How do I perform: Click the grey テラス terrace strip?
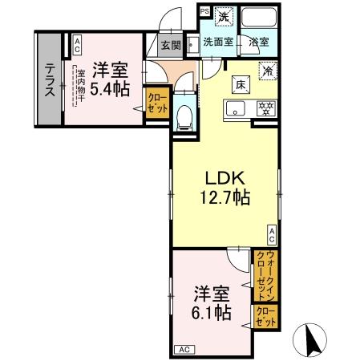[x=48, y=79]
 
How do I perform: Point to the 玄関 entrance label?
[x=170, y=46]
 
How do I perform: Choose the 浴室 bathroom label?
[x=259, y=42]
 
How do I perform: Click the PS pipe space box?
[x=204, y=11]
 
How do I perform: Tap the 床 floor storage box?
[x=239, y=81]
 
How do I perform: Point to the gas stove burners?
[x=264, y=107]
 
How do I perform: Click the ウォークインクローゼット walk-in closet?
[x=263, y=275]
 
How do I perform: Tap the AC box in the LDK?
[x=272, y=235]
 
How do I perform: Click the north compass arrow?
[x=312, y=340]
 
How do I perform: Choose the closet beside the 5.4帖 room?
[x=156, y=106]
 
